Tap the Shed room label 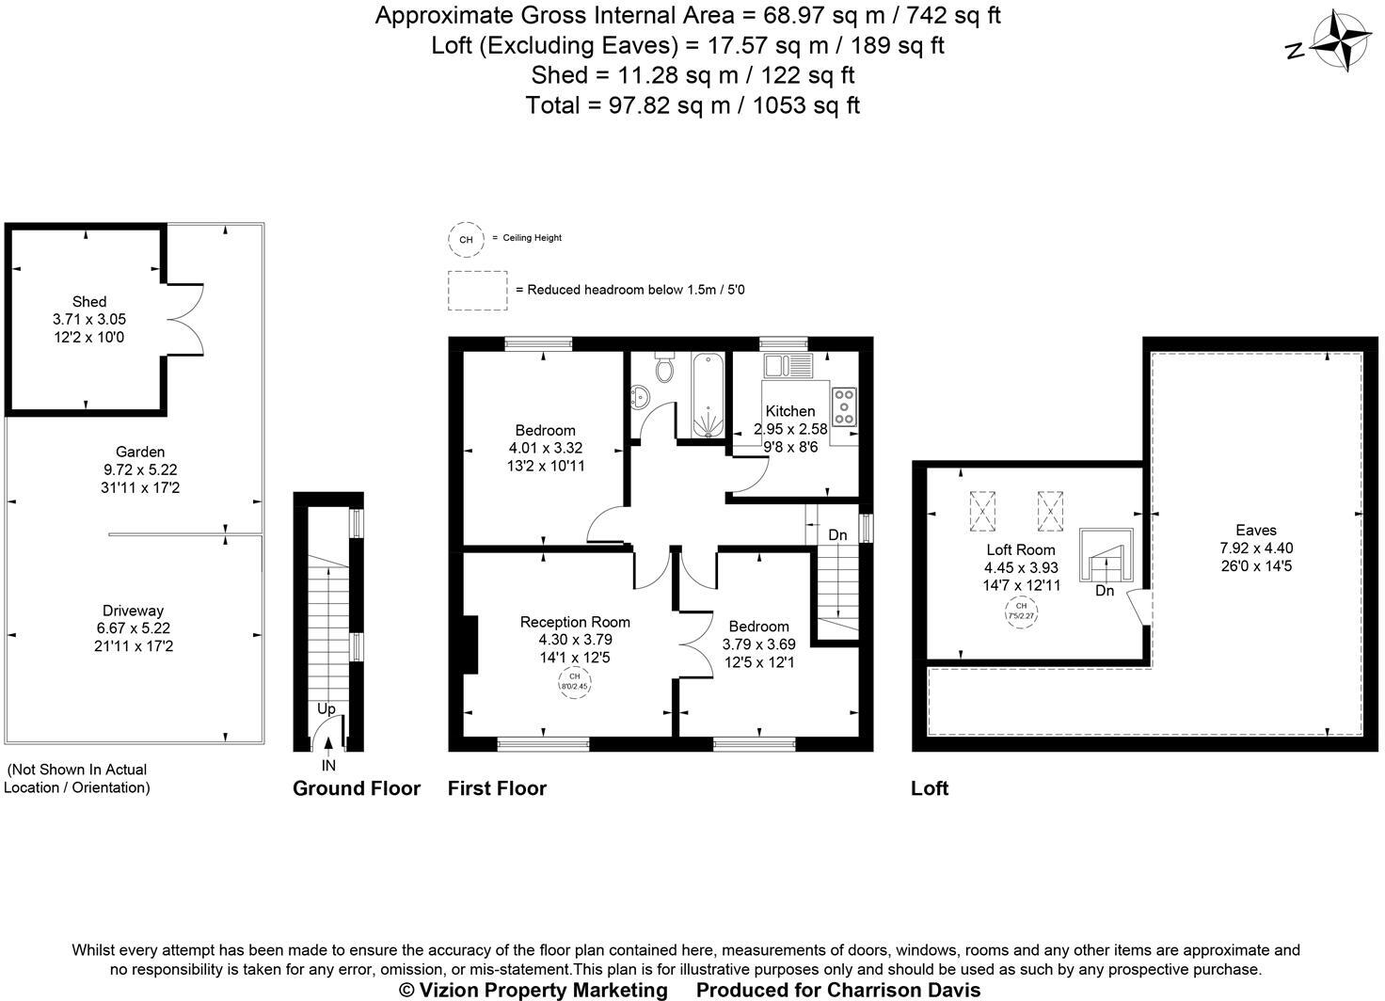pyautogui.click(x=89, y=301)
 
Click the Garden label pyautogui.click(x=140, y=452)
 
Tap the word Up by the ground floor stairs pyautogui.click(x=326, y=708)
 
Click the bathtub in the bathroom pyautogui.click(x=707, y=395)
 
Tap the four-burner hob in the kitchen pyautogui.click(x=843, y=406)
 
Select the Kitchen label pyautogui.click(x=790, y=411)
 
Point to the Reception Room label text pyautogui.click(x=575, y=622)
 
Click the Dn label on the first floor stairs pyautogui.click(x=837, y=535)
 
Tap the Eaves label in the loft pyautogui.click(x=1256, y=531)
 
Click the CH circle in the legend pyautogui.click(x=466, y=239)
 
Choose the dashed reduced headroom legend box pyautogui.click(x=478, y=291)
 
